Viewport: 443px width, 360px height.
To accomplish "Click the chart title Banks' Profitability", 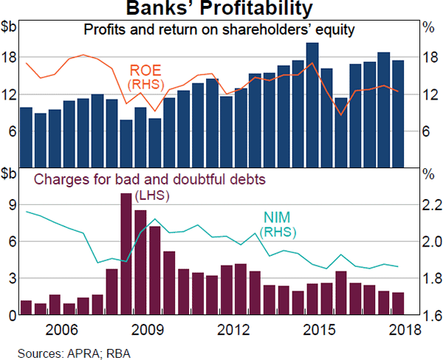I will pos(219,10).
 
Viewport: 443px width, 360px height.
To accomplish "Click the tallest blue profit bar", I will pos(312,103).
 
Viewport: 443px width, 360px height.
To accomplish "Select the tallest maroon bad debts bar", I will pos(126,254).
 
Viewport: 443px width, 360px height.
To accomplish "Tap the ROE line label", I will pos(145,77).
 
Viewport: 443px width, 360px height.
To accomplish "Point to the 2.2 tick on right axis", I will pos(430,205).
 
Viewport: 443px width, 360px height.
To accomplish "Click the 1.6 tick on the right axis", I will pos(430,315).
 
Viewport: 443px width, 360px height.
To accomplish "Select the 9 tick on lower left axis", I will pos(12,205).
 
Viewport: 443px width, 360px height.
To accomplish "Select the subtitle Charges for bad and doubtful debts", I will pos(149,179).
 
